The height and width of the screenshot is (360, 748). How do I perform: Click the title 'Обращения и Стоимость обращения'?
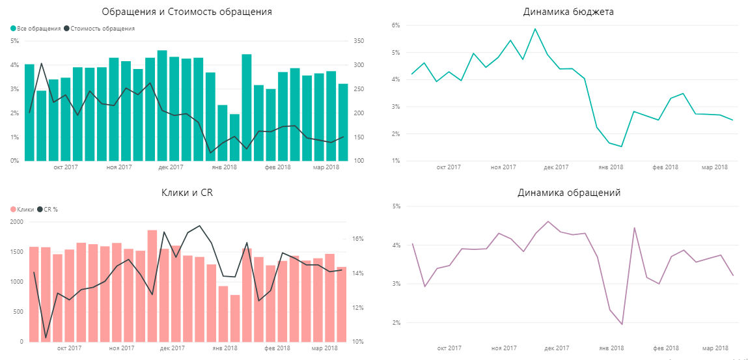pyautogui.click(x=187, y=12)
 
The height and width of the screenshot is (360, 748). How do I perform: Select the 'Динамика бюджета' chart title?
pyautogui.click(x=568, y=12)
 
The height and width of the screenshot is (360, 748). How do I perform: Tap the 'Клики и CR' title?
pyautogui.click(x=187, y=193)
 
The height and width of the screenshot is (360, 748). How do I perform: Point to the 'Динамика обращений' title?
pyautogui.click(x=568, y=193)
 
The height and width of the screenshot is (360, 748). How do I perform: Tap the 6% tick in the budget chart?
pyautogui.click(x=395, y=25)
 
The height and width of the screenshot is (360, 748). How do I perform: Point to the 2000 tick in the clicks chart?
pyautogui.click(x=15, y=222)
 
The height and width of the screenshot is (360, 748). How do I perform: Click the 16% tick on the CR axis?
pyautogui.click(x=358, y=239)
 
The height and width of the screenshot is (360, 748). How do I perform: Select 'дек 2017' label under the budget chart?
pyautogui.click(x=556, y=167)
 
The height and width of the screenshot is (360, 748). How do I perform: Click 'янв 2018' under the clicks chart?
pyautogui.click(x=225, y=348)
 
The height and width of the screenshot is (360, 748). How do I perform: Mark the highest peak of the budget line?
pyautogui.click(x=534, y=29)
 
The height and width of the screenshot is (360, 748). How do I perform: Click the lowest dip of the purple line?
pyautogui.click(x=622, y=324)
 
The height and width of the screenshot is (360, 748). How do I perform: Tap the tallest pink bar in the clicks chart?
pyautogui.click(x=152, y=286)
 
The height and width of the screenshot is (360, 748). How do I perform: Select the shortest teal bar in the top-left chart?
pyautogui.click(x=234, y=137)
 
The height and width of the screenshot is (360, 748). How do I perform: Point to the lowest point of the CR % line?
pyautogui.click(x=46, y=339)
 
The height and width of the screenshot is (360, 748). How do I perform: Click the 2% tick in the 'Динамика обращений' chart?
pyautogui.click(x=395, y=323)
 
